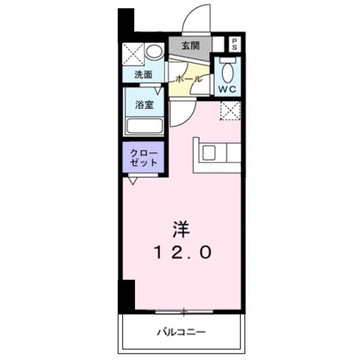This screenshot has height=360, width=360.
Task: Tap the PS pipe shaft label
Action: [234, 43]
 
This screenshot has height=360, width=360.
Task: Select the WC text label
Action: [228, 89]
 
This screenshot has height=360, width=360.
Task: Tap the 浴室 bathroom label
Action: [143, 104]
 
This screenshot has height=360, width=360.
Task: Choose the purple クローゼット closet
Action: [144, 158]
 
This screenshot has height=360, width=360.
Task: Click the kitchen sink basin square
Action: [209, 153]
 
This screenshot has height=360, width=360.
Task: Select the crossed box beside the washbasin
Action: [133, 53]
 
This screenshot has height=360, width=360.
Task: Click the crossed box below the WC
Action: [231, 112]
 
